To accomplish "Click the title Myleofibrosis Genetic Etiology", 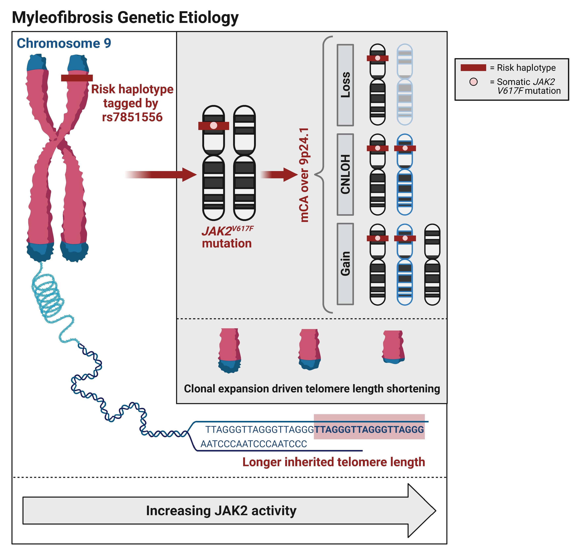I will click(x=125, y=18).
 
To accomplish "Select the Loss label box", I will click(x=345, y=85).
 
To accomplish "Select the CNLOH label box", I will click(x=345, y=175).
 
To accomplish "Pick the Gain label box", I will click(x=345, y=264).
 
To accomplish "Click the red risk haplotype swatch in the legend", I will click(x=473, y=68).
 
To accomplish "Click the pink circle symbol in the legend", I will click(x=473, y=82).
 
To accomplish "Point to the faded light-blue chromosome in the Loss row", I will click(x=405, y=85).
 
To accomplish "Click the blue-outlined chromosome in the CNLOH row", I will click(x=405, y=175).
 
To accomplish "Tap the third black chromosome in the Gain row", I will click(x=432, y=264).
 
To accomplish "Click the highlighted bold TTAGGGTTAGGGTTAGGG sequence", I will click(x=369, y=429).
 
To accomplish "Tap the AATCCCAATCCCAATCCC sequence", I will click(x=254, y=444).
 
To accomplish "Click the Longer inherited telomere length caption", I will click(x=334, y=462).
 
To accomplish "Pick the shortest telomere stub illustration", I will click(x=393, y=347).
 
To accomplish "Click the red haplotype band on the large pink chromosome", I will click(x=77, y=78).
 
